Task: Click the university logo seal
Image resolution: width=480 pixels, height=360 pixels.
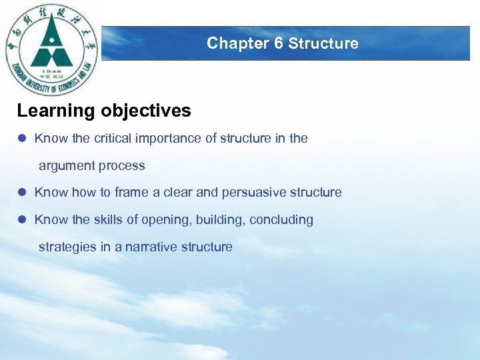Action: (51, 50)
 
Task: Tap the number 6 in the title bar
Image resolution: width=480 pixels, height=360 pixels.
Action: (279, 43)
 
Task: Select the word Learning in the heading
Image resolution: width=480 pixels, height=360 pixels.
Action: (57, 111)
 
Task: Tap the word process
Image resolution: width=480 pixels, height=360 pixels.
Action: (121, 166)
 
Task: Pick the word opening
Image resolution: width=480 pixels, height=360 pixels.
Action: (162, 220)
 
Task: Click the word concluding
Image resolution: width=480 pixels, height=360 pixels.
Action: (281, 220)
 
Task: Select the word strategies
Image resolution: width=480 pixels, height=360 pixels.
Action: (67, 247)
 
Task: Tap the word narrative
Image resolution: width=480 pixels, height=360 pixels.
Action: (149, 247)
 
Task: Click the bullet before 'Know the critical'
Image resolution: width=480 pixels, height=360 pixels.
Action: (22, 139)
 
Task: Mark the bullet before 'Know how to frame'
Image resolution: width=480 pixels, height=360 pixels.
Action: (22, 193)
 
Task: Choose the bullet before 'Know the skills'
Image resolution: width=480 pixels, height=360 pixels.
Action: (22, 220)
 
